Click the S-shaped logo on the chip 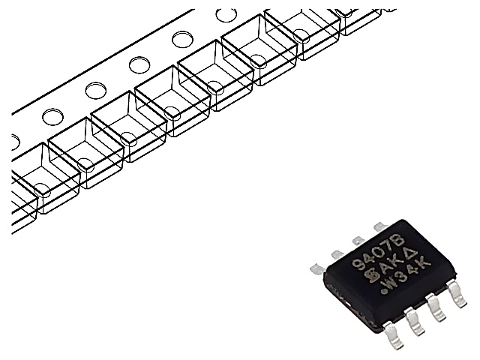point(368,275)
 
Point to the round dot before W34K point(383,292)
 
